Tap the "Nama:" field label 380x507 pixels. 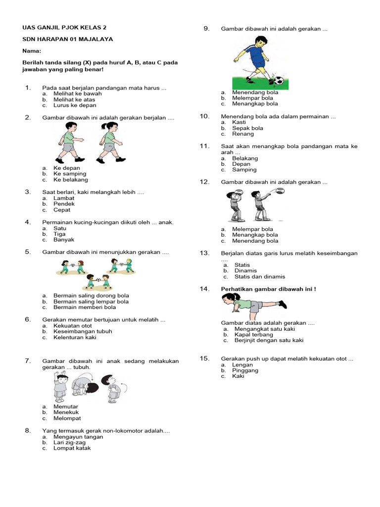31,51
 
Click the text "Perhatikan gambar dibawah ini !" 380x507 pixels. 268,289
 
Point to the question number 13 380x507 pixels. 205,253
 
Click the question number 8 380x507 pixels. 28,431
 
